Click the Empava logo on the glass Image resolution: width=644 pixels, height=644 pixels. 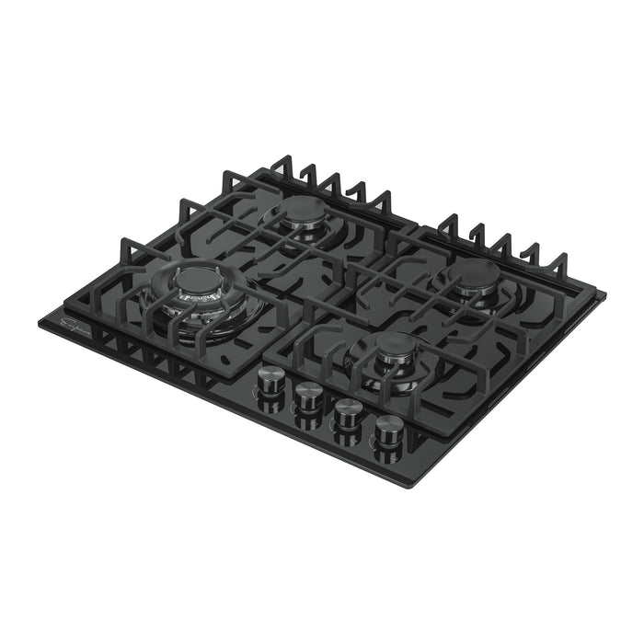click(x=70, y=325)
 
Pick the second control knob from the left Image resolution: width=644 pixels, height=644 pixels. click(x=307, y=395)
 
